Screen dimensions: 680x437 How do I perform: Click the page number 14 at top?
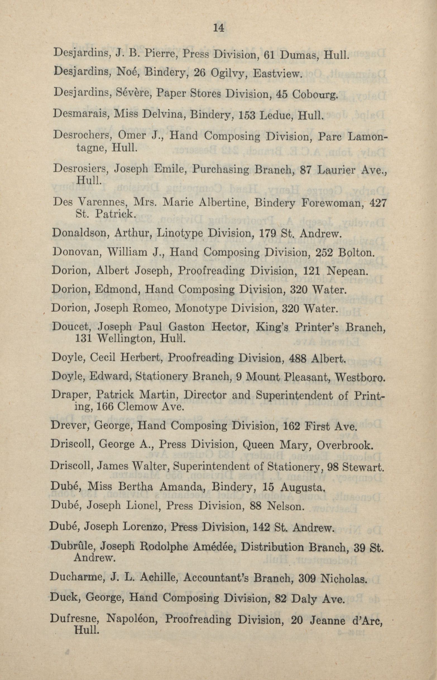point(218,28)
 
